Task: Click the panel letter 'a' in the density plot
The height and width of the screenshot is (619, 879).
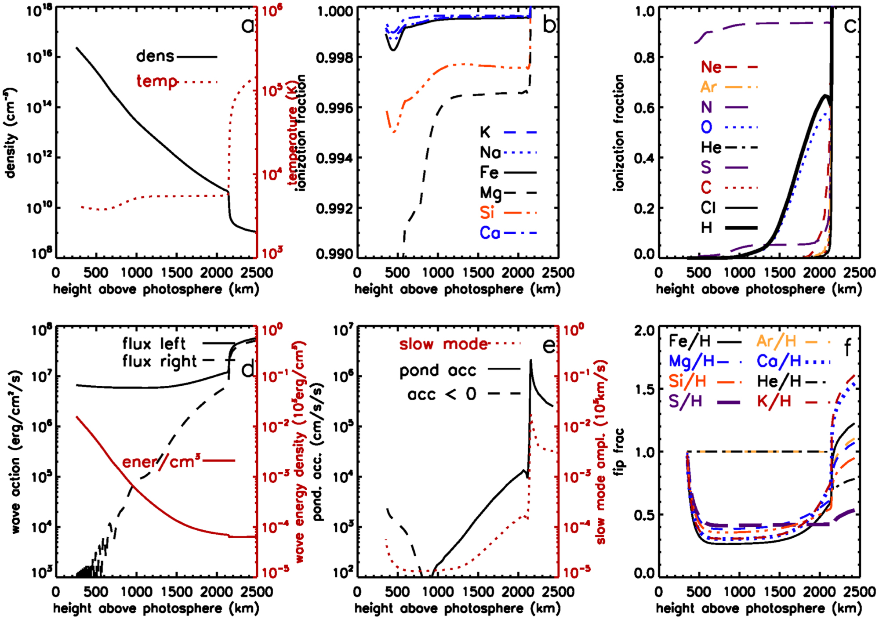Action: tap(247, 26)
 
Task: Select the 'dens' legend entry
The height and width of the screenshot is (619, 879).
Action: tap(155, 56)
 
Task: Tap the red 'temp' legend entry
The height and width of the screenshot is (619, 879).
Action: tap(156, 81)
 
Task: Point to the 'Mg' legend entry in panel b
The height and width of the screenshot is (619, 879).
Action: tap(490, 193)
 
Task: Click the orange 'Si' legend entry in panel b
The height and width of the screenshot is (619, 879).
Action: tap(487, 213)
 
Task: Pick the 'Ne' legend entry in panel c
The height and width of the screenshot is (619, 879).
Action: tap(711, 67)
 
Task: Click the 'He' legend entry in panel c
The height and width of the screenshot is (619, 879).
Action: tap(711, 148)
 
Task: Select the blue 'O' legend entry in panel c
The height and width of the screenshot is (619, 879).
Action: tap(706, 127)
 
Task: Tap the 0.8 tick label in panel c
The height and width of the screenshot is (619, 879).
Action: tap(644, 58)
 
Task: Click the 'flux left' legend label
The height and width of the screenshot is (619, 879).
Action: tap(154, 344)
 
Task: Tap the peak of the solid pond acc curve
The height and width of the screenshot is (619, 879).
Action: tap(531, 361)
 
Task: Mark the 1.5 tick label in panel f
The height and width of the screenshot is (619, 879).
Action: tap(644, 389)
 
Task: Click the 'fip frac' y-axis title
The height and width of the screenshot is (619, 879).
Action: tap(619, 452)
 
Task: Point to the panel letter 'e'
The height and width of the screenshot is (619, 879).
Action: tap(549, 346)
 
